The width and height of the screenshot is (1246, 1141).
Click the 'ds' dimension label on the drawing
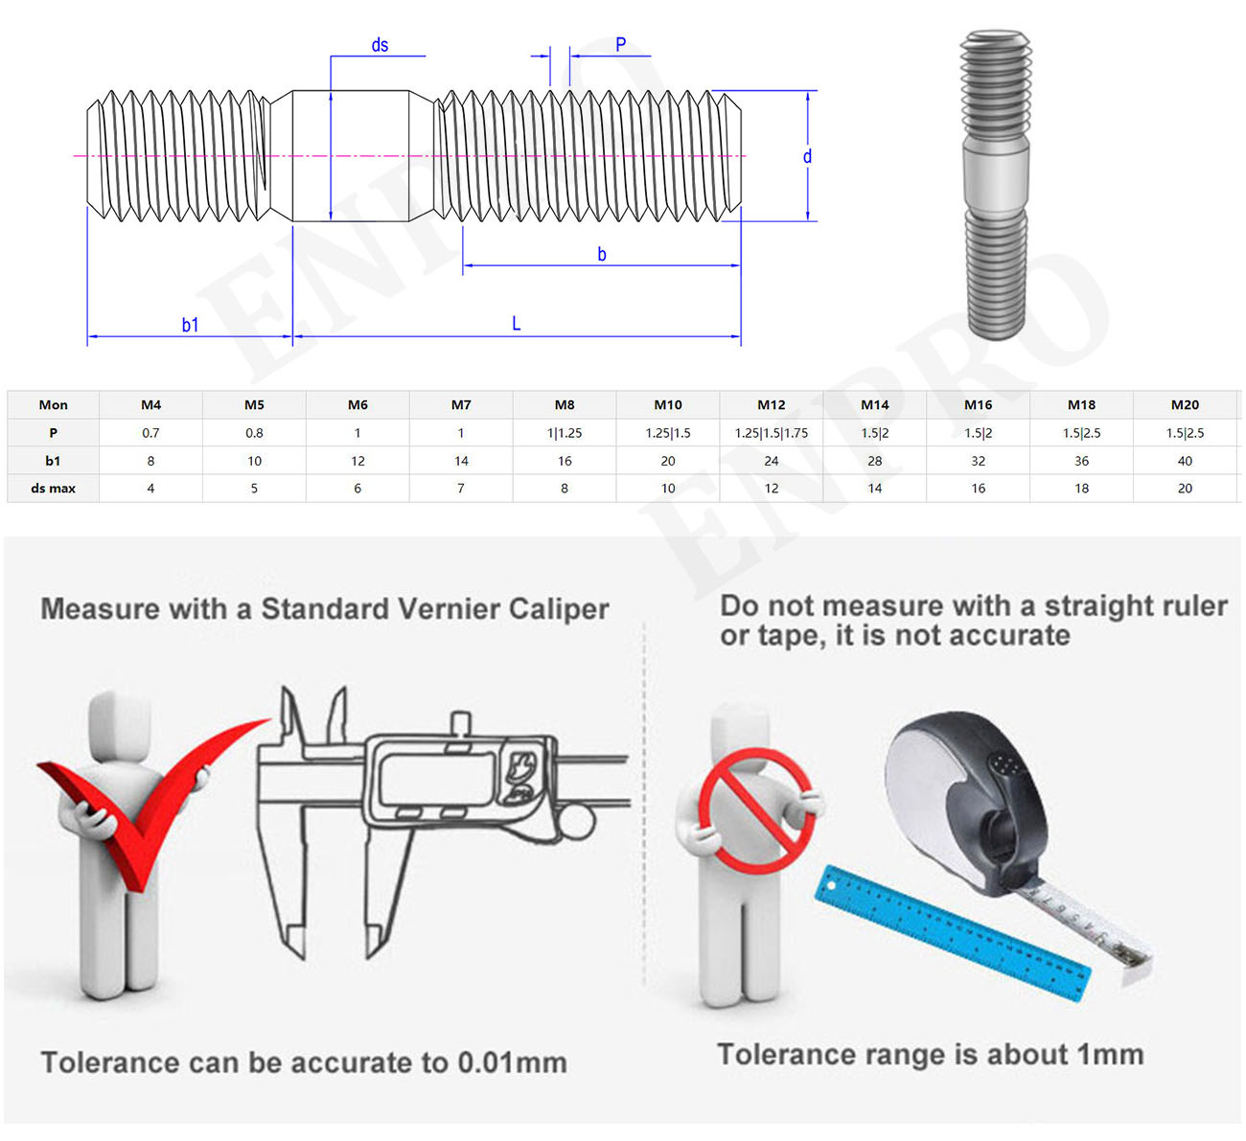click(x=380, y=45)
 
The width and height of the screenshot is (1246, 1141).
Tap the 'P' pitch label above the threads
click(x=620, y=45)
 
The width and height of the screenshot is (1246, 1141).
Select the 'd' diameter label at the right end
click(x=807, y=156)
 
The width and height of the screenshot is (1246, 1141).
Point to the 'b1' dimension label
click(x=190, y=325)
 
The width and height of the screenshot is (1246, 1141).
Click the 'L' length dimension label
click(x=516, y=324)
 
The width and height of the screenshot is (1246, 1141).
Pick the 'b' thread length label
click(x=602, y=254)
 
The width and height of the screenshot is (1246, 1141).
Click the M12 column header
click(x=771, y=405)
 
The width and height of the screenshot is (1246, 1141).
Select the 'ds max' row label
click(x=53, y=489)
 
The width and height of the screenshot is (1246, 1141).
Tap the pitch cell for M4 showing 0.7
click(x=150, y=433)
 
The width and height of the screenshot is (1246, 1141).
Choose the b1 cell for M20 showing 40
click(x=1185, y=461)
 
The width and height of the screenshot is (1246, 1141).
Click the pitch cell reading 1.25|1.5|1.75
click(x=771, y=433)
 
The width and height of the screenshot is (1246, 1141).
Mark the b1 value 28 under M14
click(x=874, y=461)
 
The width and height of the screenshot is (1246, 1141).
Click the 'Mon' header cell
click(x=53, y=405)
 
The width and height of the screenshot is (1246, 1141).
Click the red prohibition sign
click(x=758, y=810)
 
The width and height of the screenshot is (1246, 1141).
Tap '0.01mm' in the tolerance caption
click(x=512, y=1062)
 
